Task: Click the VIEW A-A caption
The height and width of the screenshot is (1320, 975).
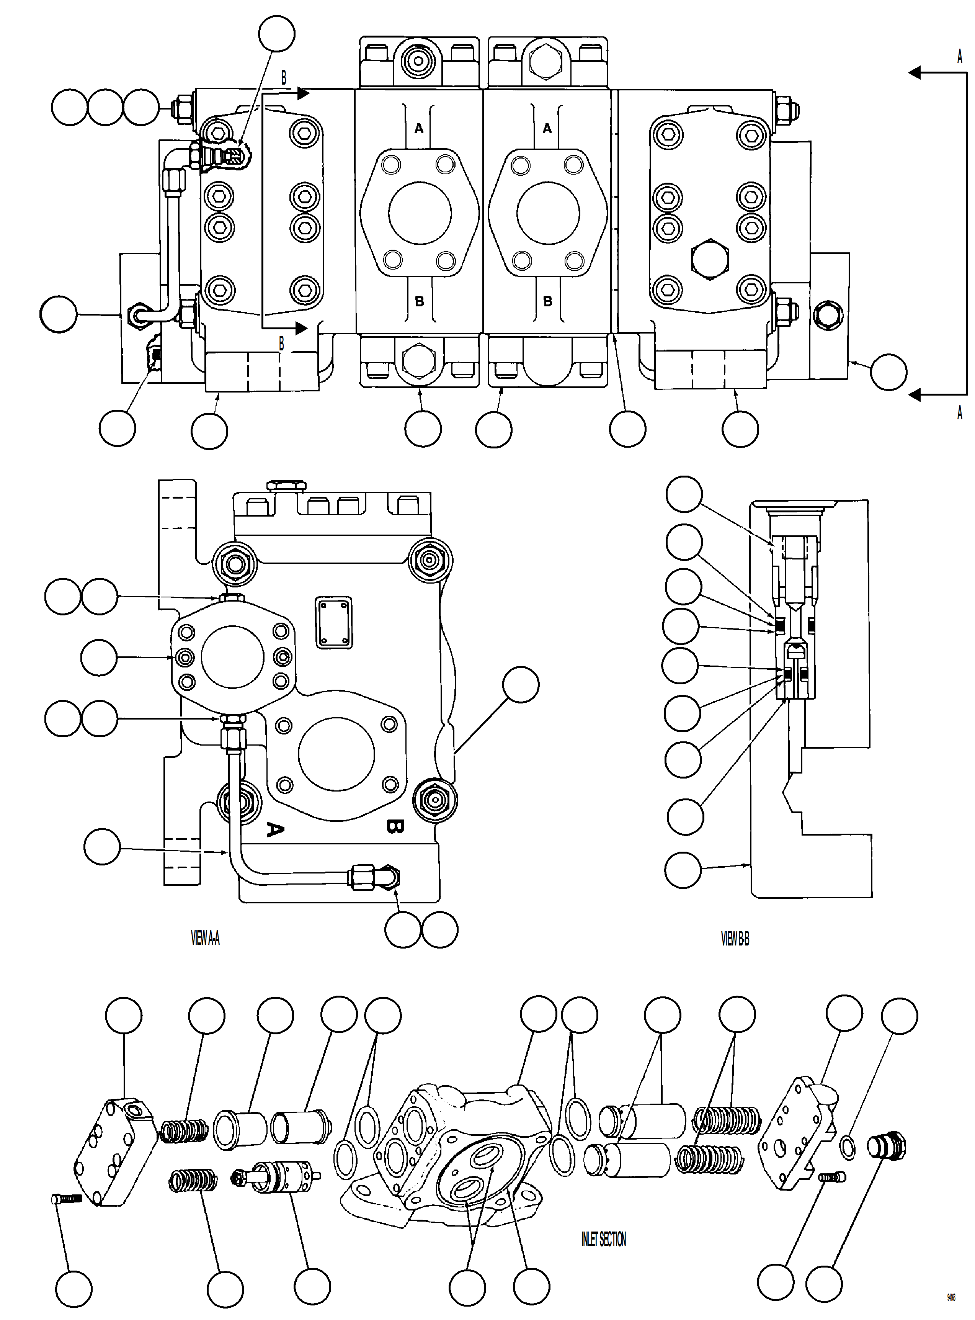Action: coord(206,939)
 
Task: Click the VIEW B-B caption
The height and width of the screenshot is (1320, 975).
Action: coord(735,939)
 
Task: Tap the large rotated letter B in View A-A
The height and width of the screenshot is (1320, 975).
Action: coord(394,826)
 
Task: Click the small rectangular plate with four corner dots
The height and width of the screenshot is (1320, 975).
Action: coord(334,622)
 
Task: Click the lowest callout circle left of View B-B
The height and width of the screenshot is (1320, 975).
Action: coord(683,870)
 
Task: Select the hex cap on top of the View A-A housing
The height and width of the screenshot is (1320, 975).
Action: coord(287,486)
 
